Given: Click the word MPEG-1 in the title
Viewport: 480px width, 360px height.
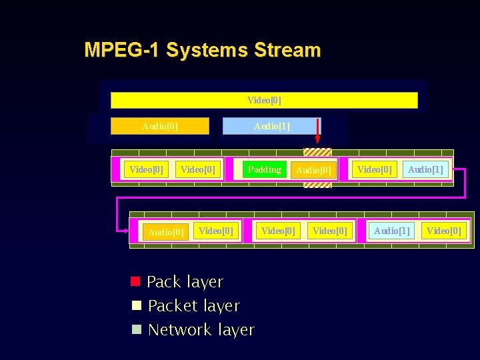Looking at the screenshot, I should [122, 50].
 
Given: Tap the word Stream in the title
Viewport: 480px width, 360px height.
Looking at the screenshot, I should [287, 50].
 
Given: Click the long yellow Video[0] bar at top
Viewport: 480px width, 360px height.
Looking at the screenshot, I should [264, 100].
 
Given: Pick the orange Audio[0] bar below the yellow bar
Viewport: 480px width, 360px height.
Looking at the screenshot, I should [160, 126].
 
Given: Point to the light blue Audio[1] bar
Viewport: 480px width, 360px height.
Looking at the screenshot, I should [271, 126].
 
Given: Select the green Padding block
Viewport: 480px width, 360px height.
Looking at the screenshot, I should [264, 169].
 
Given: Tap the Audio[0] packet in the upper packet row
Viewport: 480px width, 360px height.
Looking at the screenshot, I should [313, 170].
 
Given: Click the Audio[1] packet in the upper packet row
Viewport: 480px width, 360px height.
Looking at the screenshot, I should [425, 169].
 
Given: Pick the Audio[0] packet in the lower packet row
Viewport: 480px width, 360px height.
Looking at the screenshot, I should [165, 232].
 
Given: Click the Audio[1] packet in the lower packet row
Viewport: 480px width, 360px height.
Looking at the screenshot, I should [391, 231].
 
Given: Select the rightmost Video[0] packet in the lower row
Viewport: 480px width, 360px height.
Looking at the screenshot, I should [443, 231].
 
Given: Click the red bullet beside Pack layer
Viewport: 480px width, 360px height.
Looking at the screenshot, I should [135, 281].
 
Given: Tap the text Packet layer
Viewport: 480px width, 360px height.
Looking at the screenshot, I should [193, 306].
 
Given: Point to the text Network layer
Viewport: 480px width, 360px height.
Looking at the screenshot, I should [201, 330].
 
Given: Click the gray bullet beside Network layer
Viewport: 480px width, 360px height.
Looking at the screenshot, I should [136, 329].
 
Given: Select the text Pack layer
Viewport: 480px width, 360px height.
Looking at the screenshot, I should [185, 282].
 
